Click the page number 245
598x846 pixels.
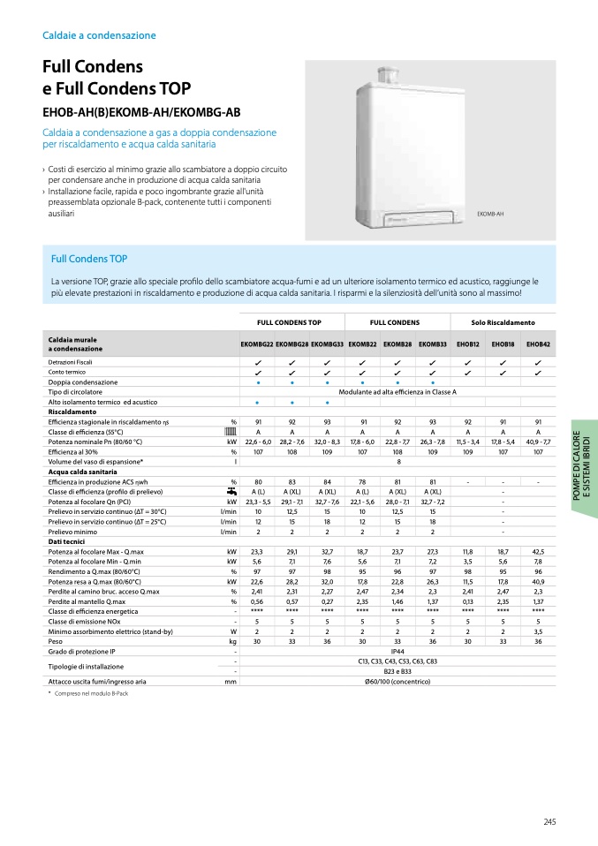[x=549, y=823]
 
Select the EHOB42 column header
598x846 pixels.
[x=538, y=344]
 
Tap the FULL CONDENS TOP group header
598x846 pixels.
[x=289, y=322]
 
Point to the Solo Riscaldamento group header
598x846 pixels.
[x=503, y=322]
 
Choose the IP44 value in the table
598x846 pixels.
[x=397, y=651]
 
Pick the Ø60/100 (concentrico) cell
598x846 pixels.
[x=397, y=682]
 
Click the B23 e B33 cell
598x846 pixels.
[x=397, y=671]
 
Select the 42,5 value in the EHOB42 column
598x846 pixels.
[x=538, y=551]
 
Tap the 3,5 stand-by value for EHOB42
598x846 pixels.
[x=538, y=631]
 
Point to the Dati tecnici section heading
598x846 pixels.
[x=67, y=541]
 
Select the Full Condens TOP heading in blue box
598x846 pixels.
[x=89, y=259]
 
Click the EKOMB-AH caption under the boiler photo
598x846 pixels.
[x=489, y=214]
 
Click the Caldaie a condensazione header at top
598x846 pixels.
[x=99, y=35]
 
